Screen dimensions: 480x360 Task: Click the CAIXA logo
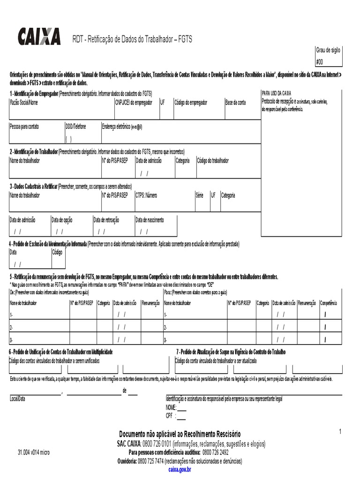(x=39, y=36)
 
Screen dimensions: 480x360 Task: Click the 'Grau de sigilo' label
(x=328, y=51)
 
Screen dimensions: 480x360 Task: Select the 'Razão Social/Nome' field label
(x=24, y=103)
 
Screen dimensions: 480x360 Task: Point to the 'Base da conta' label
(x=235, y=103)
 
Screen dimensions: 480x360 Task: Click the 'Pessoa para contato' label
(x=24, y=127)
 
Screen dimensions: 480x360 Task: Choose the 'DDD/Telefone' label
(x=76, y=127)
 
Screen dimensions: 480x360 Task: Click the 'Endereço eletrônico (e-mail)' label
(x=122, y=127)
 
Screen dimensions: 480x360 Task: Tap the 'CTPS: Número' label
(x=146, y=195)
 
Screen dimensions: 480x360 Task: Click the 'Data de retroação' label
(x=106, y=219)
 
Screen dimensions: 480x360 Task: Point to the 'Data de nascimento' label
(x=149, y=219)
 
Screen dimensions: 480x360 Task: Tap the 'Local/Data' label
(x=17, y=398)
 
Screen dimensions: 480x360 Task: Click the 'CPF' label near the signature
(x=170, y=415)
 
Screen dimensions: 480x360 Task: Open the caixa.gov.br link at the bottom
(x=180, y=469)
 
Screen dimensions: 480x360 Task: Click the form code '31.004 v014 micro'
(x=33, y=452)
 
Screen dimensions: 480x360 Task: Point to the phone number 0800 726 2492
(x=215, y=452)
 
